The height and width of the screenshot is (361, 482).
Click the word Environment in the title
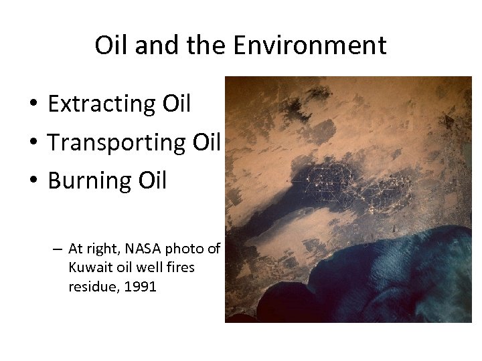point(309,45)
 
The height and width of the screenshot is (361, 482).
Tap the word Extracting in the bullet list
point(102,104)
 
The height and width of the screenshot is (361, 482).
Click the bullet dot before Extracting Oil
point(31,105)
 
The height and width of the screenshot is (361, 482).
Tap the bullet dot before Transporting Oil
point(31,143)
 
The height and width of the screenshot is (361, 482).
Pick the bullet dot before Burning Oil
point(31,181)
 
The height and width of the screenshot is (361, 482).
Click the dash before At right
point(59,249)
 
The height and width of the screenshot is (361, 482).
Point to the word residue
point(90,287)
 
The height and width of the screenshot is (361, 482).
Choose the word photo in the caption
point(185,249)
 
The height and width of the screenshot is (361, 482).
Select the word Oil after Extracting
point(177,104)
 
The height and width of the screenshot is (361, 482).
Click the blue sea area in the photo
point(375,281)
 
